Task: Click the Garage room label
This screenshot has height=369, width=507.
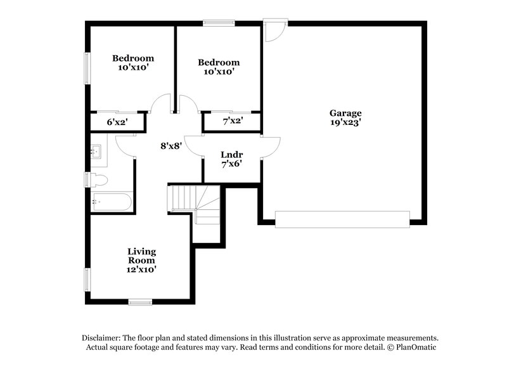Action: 345,113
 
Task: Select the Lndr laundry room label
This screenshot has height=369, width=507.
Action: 231,154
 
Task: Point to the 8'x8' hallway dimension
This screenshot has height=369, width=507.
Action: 171,145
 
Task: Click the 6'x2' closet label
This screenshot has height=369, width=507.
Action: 117,122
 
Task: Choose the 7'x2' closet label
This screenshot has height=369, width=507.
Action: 231,121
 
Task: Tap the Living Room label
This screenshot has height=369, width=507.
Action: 141,256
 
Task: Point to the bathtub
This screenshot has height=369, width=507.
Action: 112,202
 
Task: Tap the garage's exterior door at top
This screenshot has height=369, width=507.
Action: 275,30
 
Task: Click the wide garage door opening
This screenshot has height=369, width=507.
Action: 342,219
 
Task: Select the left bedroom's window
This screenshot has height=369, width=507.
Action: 87,67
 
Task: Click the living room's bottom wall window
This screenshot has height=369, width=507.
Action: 139,301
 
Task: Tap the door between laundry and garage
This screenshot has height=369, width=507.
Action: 269,148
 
